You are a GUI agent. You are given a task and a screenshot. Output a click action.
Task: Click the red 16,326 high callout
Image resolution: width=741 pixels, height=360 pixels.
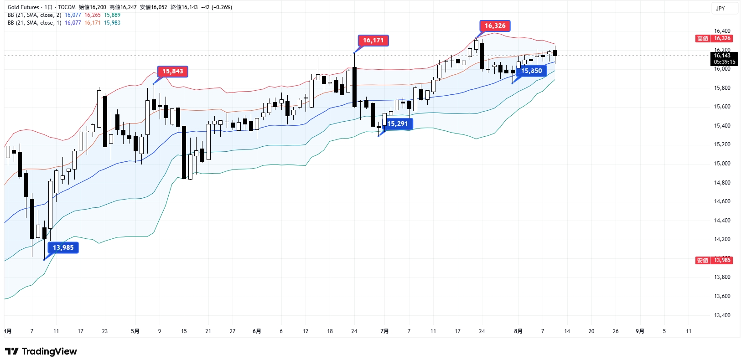pos(495,26)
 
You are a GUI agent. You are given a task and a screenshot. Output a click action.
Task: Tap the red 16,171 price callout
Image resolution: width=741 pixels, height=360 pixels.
pos(373,41)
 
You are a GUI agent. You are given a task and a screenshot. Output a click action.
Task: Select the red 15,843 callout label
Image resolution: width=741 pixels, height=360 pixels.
pos(172,72)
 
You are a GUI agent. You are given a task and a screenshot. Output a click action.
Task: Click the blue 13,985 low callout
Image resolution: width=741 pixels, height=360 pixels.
pos(63,248)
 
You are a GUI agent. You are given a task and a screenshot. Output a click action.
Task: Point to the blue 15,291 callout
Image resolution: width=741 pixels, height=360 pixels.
pos(397,124)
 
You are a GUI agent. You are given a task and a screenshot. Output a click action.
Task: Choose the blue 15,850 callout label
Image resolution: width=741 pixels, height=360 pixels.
pos(531,71)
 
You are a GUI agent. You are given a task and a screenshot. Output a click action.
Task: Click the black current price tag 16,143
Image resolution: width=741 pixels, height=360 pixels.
pos(724,59)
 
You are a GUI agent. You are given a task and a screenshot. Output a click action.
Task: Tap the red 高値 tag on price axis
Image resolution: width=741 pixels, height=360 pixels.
pos(702,39)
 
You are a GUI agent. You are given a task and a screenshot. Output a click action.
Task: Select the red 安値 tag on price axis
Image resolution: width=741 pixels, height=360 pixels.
pos(702,261)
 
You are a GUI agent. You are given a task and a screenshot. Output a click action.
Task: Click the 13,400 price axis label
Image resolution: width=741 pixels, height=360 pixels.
pos(722,315)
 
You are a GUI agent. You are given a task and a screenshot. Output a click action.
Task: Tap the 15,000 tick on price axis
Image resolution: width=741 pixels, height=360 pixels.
pos(722,164)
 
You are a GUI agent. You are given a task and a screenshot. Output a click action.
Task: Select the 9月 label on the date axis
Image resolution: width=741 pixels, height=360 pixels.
pos(640,331)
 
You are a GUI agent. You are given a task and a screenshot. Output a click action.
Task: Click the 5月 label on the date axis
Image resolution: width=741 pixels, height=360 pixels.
pos(135,331)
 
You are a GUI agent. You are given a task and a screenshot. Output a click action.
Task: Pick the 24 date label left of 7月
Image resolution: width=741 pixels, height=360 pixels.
pos(354,331)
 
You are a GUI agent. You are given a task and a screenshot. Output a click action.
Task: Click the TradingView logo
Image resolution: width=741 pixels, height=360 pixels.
pos(41,351)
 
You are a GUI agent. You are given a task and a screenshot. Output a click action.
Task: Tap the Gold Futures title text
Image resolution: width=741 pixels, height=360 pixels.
pos(23,7)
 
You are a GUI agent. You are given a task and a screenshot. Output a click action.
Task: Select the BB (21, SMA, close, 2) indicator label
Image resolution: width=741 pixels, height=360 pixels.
pos(34,15)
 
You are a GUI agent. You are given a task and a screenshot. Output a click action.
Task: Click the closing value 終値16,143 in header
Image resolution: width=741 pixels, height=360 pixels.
pos(184,7)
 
